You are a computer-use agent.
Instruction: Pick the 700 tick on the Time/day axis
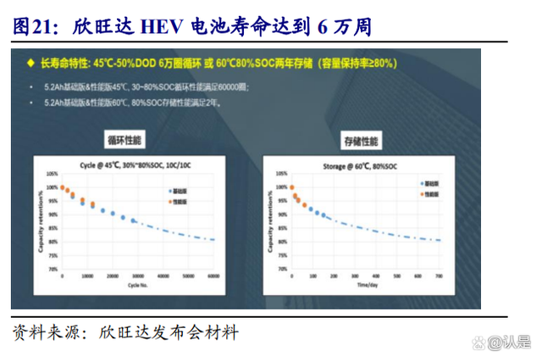pyautogui.click(x=440, y=276)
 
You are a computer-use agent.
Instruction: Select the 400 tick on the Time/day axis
pyautogui.click(x=376, y=276)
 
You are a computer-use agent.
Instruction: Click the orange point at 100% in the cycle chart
pyautogui.click(x=62, y=187)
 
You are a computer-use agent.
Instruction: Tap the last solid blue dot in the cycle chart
pyautogui.click(x=134, y=220)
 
